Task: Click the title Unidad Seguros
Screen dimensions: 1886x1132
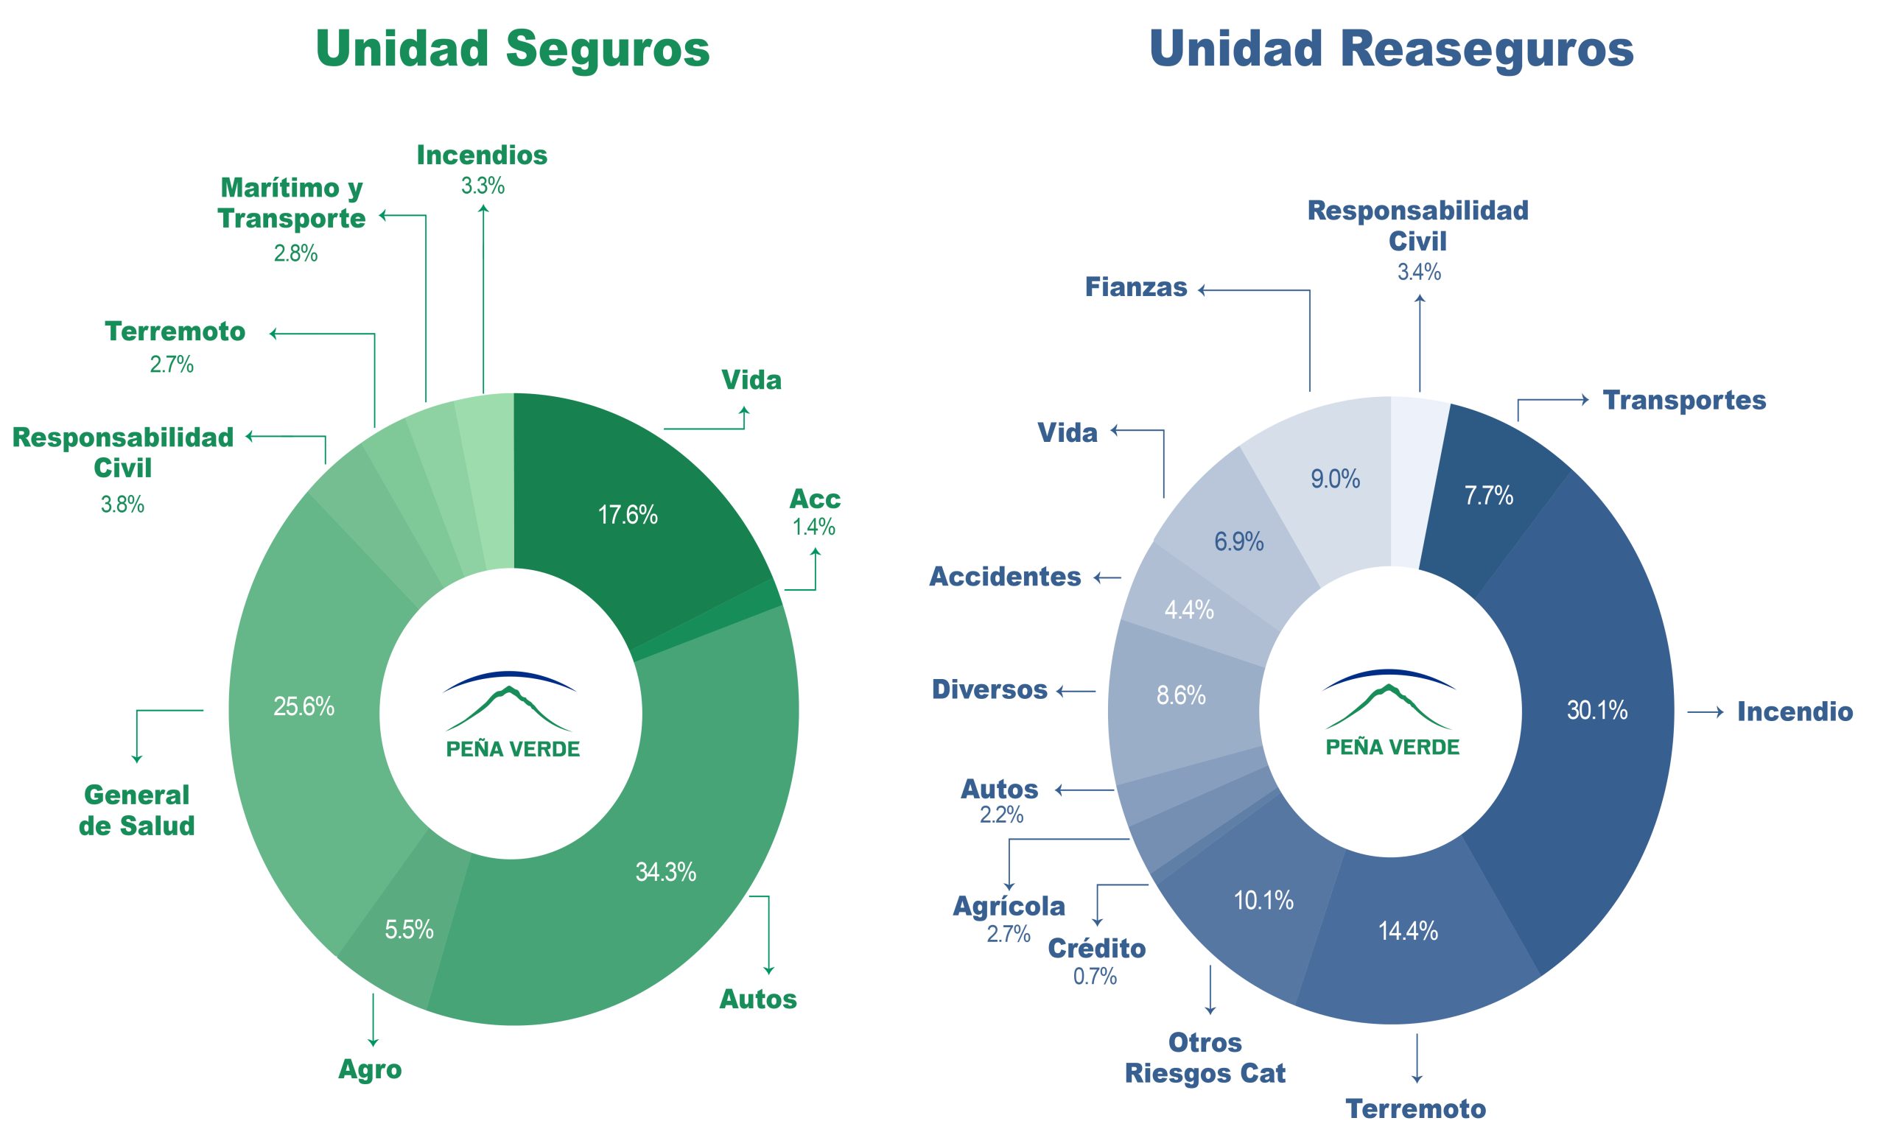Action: [x=512, y=49]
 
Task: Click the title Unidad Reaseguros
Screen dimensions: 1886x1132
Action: [x=1391, y=49]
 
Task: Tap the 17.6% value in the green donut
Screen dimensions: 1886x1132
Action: [x=627, y=515]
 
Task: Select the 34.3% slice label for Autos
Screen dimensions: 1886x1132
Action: [x=665, y=872]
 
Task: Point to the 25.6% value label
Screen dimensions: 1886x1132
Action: [x=304, y=706]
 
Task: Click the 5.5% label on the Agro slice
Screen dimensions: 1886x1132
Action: [x=409, y=929]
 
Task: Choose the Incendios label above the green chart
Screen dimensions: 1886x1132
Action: [x=482, y=155]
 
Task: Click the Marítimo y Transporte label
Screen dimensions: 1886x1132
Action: [x=292, y=203]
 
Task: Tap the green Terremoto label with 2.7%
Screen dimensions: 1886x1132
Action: [x=175, y=332]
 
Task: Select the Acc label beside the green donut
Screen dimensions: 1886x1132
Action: [x=814, y=499]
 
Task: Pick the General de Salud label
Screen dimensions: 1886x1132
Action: [x=136, y=810]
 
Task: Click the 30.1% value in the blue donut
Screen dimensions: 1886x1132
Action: [x=1597, y=710]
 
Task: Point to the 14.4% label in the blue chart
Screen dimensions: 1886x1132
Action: [x=1408, y=931]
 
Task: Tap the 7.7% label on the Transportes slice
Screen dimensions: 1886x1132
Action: [x=1488, y=496]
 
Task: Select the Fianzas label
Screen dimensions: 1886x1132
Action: [x=1136, y=287]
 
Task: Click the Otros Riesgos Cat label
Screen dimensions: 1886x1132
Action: [x=1205, y=1058]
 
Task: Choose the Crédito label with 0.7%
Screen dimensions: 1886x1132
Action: [x=1096, y=948]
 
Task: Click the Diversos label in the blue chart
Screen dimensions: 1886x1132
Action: [x=989, y=689]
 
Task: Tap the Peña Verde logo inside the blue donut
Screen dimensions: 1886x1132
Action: [x=1390, y=714]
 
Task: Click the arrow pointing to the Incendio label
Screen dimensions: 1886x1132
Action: [x=1706, y=711]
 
